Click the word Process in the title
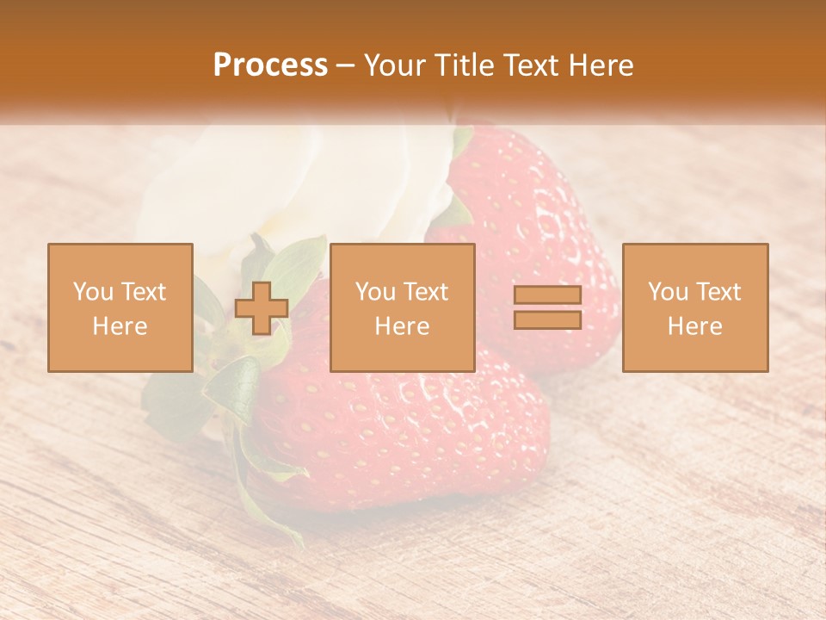click(x=270, y=65)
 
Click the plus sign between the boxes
click(x=262, y=308)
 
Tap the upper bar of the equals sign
click(x=547, y=295)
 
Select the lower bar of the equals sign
click(x=547, y=320)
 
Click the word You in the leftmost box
click(x=92, y=292)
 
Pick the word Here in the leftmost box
click(x=120, y=326)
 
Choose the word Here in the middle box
click(x=402, y=326)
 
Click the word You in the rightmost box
click(x=668, y=292)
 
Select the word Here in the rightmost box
click(x=694, y=326)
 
